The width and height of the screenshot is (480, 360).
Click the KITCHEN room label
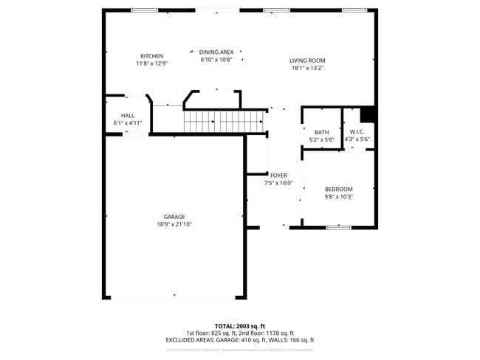point(152,56)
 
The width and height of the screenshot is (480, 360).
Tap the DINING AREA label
point(216,52)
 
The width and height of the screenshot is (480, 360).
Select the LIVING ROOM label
point(307,60)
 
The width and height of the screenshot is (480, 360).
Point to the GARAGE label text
point(174,217)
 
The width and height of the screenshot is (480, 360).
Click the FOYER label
point(278,176)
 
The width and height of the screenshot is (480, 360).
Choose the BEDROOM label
point(339,189)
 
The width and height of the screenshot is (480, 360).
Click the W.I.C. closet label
point(357,132)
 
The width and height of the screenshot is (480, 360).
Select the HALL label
point(128,116)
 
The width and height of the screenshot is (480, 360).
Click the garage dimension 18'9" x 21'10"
point(174,224)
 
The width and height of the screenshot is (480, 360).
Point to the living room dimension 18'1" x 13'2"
point(307,68)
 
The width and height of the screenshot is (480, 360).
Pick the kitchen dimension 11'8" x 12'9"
point(152,63)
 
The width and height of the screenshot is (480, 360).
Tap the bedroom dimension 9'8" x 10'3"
point(339,196)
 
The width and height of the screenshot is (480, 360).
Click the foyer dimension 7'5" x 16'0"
point(278,183)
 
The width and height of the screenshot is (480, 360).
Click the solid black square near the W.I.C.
point(368,114)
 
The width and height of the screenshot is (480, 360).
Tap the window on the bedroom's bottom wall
point(338,227)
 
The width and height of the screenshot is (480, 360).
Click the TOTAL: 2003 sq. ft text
point(240,325)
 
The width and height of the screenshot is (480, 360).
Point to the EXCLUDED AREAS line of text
point(240,340)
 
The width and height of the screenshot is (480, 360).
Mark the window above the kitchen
point(143,10)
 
